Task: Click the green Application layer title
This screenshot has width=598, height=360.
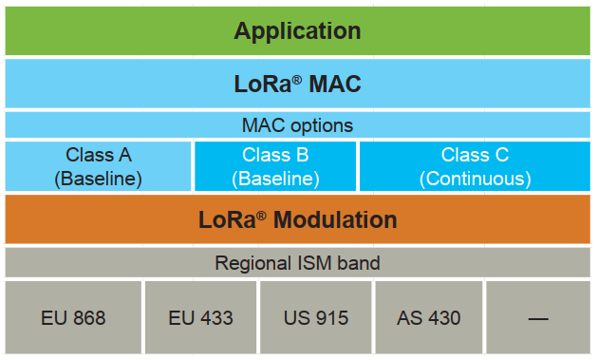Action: (x=297, y=30)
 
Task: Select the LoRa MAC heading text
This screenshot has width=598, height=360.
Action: (x=297, y=84)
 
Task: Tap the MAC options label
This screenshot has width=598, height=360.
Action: (x=297, y=125)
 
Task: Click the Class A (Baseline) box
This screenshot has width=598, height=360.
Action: (x=99, y=166)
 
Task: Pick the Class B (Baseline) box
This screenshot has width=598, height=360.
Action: (x=275, y=166)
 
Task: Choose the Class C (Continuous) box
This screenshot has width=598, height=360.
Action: (x=476, y=166)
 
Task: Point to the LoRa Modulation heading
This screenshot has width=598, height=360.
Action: (x=297, y=219)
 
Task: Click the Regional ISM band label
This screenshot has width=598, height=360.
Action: (x=297, y=262)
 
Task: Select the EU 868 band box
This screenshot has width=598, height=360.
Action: (x=73, y=317)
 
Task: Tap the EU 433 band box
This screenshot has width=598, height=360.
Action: (x=200, y=317)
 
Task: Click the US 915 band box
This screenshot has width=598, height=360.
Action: (x=315, y=317)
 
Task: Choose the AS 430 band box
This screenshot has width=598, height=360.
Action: (x=428, y=317)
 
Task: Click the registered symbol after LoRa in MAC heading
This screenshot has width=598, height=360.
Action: (x=295, y=78)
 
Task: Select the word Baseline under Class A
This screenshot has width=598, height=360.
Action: (x=99, y=178)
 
